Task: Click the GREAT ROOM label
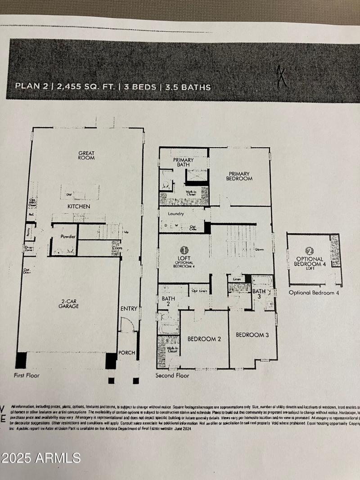(86, 155)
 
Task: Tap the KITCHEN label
(79, 206)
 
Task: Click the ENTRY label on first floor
(129, 309)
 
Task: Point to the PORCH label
(126, 352)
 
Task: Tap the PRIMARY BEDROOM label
(240, 176)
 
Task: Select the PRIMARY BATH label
(183, 162)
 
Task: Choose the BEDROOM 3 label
(252, 335)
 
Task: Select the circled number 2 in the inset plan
(309, 251)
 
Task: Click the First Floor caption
(27, 375)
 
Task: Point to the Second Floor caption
(172, 375)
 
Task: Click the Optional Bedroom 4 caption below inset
(314, 293)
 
